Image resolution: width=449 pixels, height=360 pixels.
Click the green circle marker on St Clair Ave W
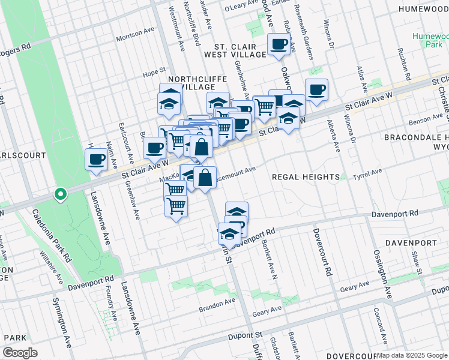(x=60, y=194)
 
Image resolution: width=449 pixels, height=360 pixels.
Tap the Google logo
(x=20, y=353)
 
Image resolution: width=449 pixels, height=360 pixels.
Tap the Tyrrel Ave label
(x=367, y=174)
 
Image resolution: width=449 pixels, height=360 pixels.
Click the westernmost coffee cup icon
(x=96, y=160)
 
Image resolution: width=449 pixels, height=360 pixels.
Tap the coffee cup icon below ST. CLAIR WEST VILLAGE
(x=279, y=44)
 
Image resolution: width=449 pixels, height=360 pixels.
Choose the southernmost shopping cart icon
(x=176, y=206)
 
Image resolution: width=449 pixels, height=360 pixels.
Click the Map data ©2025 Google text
(x=412, y=355)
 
